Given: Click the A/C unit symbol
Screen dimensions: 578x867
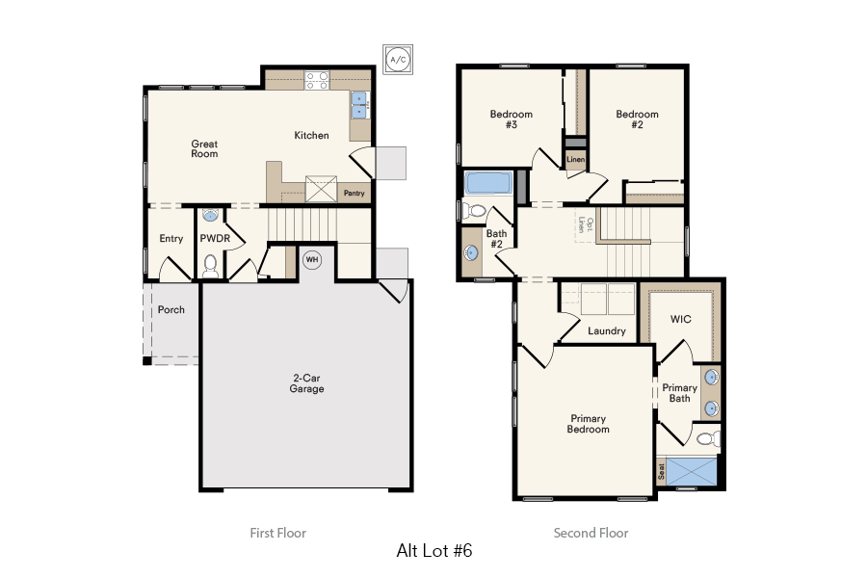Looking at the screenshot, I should coord(397,60).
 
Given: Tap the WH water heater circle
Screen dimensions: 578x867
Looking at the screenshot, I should coord(312,259).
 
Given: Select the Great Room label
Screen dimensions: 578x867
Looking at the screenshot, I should coord(204,148).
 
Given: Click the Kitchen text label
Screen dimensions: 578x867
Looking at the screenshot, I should coord(311,136).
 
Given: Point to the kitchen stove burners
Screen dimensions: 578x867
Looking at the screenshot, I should coord(317,81).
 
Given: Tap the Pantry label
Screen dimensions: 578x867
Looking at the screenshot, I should coord(354,194).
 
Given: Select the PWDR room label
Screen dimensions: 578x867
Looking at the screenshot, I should coord(213,238).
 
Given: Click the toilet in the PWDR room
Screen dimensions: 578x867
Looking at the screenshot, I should coord(211,263).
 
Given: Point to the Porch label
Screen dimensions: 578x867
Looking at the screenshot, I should coord(171,309).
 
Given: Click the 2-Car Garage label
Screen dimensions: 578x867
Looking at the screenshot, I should coord(306,383).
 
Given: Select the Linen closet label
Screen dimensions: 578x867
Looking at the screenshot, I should coord(575,159).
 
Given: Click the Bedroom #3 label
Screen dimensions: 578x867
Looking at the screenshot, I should coord(511,119).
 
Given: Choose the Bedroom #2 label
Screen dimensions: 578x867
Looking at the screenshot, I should coord(637,119).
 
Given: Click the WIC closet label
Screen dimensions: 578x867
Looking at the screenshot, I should coord(681,319).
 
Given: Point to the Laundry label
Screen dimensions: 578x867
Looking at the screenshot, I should coord(607,330).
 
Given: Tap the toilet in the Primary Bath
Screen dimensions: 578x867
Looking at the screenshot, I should coord(707,439).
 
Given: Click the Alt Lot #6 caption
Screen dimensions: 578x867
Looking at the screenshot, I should coord(433,551).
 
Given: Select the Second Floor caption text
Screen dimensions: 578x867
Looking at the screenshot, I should coord(591,533).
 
